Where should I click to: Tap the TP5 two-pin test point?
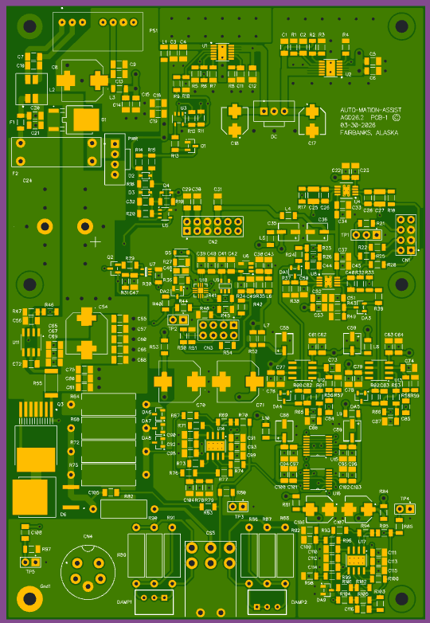click(30, 562)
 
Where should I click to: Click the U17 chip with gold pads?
click(357, 561)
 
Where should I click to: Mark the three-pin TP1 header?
click(367, 235)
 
